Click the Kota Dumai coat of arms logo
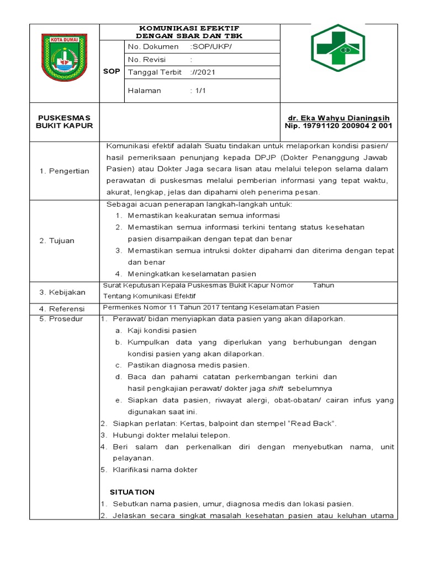pos(64,58)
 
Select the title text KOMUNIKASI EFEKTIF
pos(189,28)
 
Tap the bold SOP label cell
pos(112,72)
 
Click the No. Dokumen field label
pos(153,46)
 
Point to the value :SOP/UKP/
pos(211,46)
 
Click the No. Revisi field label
pos(150,60)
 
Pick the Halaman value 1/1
pos(199,91)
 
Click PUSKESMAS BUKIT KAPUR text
pos(64,122)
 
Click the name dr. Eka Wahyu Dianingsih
pos(338,118)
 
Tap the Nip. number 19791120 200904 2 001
pos(338,125)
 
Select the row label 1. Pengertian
pos(64,171)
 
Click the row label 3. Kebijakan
pos(62,291)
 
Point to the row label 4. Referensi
pos(62,308)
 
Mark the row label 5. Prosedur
pos(61,319)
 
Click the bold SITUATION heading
pos(132,492)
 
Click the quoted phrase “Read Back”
pos(311,423)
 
